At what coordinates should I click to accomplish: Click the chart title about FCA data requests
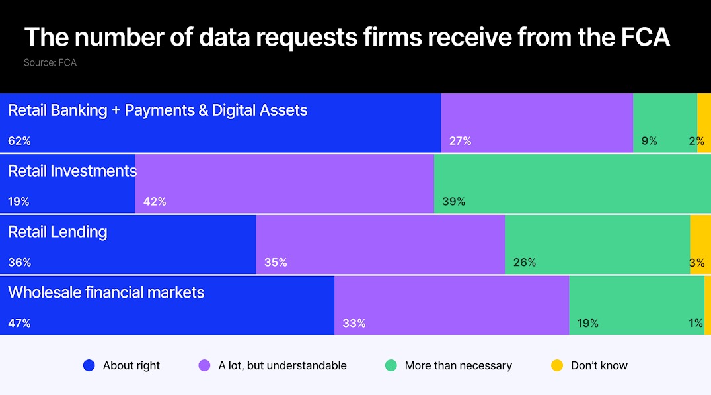pos(347,38)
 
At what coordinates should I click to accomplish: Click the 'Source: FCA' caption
pos(50,63)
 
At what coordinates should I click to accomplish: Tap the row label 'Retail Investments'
pos(72,171)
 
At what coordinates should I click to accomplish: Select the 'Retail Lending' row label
pos(57,232)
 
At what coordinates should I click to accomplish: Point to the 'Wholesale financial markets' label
pos(106,292)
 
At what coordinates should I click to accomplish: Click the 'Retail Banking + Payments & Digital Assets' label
pos(157,110)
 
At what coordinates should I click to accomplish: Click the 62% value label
pos(19,141)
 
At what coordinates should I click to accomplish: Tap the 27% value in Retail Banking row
pos(460,141)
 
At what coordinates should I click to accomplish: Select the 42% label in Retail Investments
pos(155,202)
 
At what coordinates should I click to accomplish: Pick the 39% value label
pos(454,202)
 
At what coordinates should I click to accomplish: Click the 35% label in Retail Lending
pos(276,263)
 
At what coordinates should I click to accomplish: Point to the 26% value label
pos(525,263)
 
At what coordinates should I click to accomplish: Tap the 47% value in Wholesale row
pos(19,324)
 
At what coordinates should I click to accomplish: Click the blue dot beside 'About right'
pos(89,365)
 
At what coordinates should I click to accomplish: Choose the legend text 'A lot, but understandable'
pos(282,365)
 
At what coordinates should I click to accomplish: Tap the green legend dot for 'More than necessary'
pos(391,365)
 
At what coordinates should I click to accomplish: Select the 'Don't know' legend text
pos(599,365)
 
